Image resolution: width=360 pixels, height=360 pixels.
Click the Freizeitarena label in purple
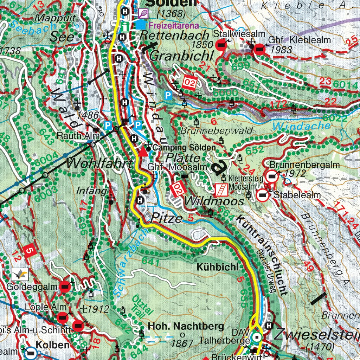click(x=174, y=25)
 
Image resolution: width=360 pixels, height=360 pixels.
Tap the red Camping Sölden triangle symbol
click(x=143, y=152)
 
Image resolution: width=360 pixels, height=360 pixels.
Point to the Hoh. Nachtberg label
click(x=186, y=326)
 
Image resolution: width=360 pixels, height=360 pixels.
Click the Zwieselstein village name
click(x=316, y=334)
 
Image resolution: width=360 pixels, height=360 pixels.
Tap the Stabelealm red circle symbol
click(x=262, y=195)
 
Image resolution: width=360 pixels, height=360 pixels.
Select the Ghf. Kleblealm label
click(x=299, y=40)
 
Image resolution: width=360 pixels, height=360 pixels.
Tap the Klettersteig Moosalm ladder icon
click(x=220, y=189)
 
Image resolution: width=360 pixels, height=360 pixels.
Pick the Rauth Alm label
click(x=74, y=136)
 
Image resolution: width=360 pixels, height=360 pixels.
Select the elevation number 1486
click(x=87, y=115)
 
